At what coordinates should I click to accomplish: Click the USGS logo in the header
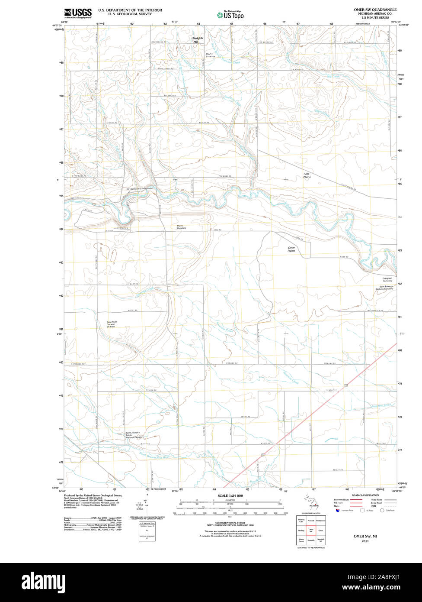point(78,13)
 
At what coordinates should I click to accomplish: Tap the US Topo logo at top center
point(231,15)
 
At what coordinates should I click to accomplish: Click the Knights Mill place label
point(198,39)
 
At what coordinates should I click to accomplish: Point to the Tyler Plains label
point(307,175)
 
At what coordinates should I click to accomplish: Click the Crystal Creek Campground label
point(140,189)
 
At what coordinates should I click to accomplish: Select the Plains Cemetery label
point(181,227)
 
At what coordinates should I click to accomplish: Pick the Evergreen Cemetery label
point(387,279)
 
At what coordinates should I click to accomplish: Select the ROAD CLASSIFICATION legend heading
point(365,495)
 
